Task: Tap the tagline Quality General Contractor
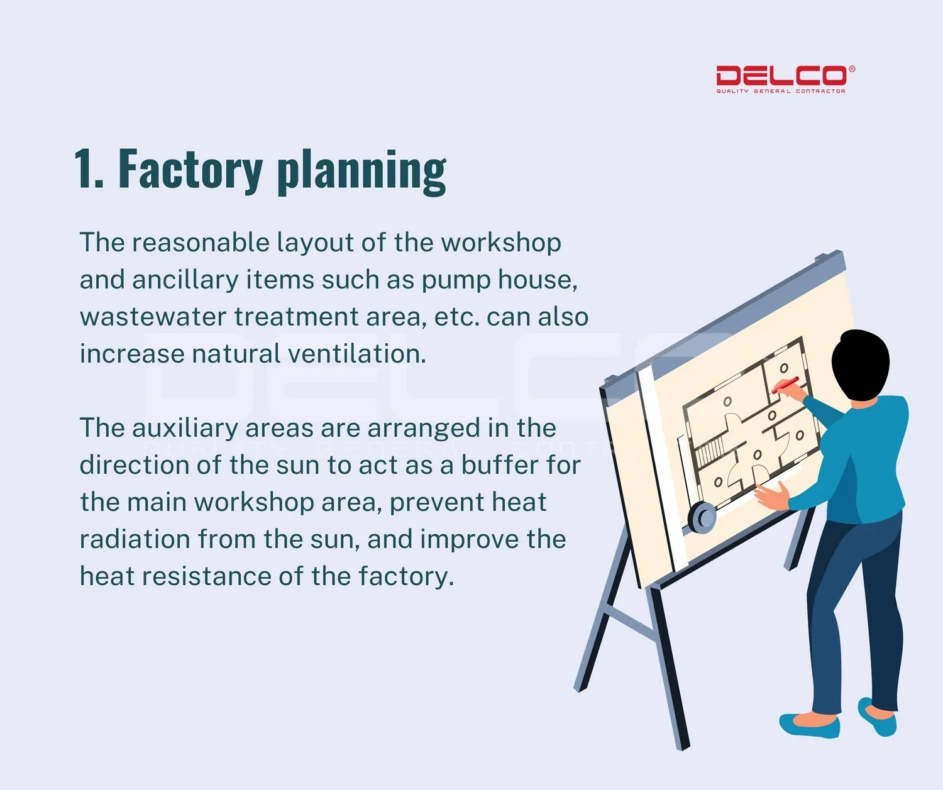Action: click(781, 91)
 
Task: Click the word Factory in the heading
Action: click(190, 170)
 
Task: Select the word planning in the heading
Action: click(361, 172)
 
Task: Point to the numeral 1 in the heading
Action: click(84, 168)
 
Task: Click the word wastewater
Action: click(153, 317)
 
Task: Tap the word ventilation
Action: click(357, 353)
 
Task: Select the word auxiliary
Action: click(185, 429)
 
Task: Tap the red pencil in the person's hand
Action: click(785, 385)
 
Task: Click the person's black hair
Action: click(860, 364)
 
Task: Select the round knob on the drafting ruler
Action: click(702, 517)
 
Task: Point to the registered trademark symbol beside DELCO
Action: click(852, 69)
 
